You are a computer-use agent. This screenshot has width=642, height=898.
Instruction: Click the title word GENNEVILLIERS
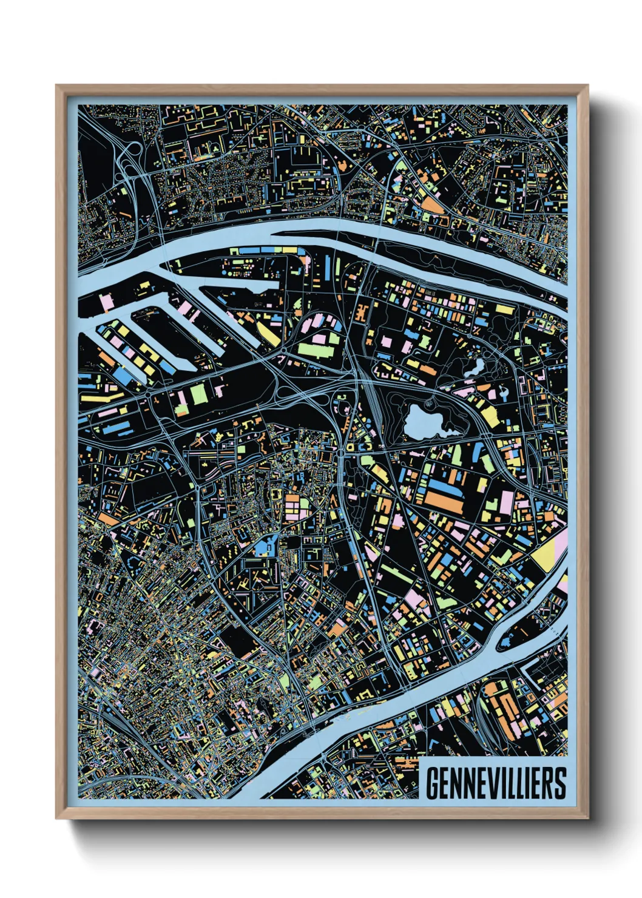pyautogui.click(x=496, y=783)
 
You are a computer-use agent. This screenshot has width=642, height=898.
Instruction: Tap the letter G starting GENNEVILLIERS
pyautogui.click(x=433, y=783)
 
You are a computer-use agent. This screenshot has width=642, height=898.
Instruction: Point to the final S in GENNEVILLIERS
pyautogui.click(x=559, y=783)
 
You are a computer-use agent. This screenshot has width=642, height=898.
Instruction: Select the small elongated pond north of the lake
pyautogui.click(x=475, y=367)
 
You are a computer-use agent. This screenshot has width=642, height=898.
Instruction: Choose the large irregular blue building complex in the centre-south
pyautogui.click(x=265, y=548)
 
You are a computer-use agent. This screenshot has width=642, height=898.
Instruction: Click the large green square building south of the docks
pyautogui.click(x=199, y=394)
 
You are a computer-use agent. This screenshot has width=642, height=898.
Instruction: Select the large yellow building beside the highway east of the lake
pyautogui.click(x=489, y=416)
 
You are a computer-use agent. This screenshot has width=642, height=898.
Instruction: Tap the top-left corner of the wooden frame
pyautogui.click(x=58, y=87)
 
